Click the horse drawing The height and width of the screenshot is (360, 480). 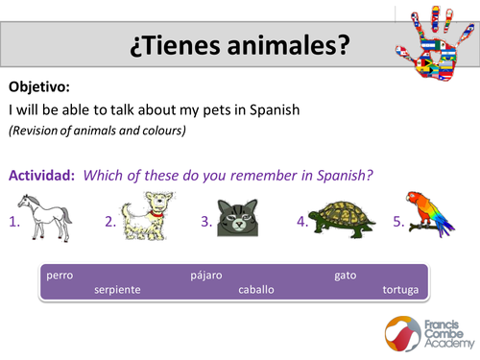[x=47, y=217]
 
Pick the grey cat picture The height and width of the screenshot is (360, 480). [x=237, y=218]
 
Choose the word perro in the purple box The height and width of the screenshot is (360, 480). [x=60, y=276]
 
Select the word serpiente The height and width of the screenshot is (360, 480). [x=117, y=289]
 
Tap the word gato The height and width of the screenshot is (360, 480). [x=345, y=276]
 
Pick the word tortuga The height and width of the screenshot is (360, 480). [x=400, y=289]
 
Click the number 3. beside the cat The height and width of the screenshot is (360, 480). [x=206, y=222]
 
